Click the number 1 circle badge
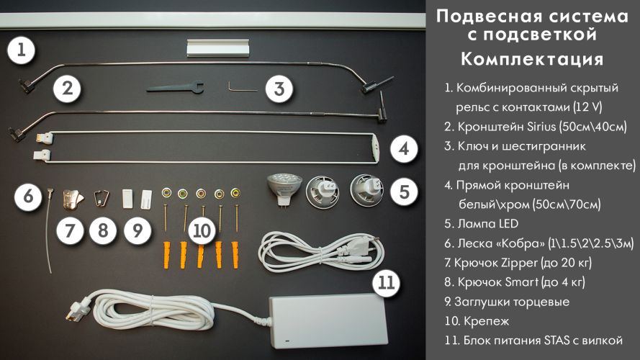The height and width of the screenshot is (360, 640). pos(21,50)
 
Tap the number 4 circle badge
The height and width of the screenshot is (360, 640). pos(404,148)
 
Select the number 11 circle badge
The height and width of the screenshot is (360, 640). pos(387,282)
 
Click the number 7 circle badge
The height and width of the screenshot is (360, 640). pos(70,231)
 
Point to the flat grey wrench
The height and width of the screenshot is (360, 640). pos(176,87)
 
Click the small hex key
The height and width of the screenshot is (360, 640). pos(242,86)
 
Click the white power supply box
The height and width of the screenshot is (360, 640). pos(328,321)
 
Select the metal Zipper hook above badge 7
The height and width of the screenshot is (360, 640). pos(73,199)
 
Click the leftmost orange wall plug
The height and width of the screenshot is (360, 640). pos(166,255)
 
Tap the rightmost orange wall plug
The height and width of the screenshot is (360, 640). pos(235,255)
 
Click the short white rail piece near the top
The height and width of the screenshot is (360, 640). pos(218,48)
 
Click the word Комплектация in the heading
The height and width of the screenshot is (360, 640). pos(532,59)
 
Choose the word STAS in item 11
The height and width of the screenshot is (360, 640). pos(557,341)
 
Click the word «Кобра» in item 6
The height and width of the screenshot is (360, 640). pos(520,243)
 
